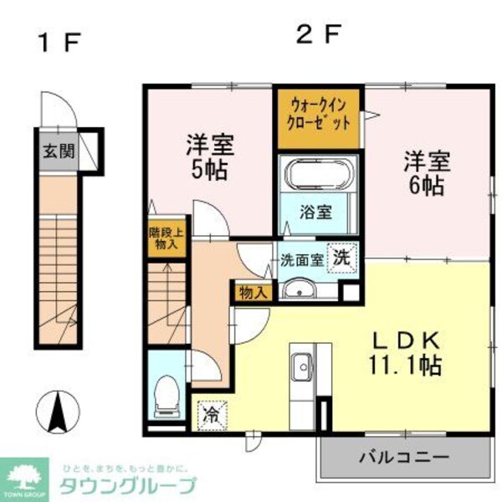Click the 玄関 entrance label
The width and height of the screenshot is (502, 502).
click(x=59, y=152)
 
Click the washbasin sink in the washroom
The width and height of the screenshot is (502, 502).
click(x=300, y=290)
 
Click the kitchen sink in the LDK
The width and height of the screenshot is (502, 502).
click(x=300, y=366)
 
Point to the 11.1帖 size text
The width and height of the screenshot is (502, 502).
click(x=407, y=366)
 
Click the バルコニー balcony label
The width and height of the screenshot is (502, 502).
click(x=405, y=458)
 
